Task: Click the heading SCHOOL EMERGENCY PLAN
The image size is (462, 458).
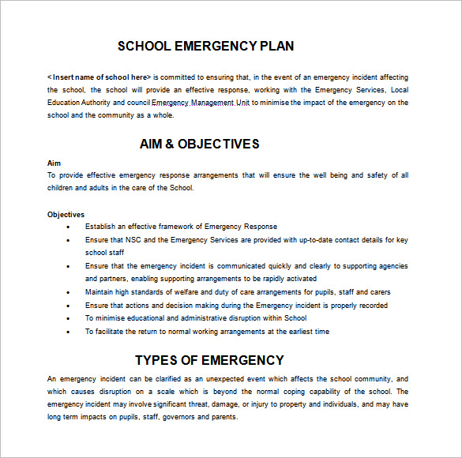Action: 205,46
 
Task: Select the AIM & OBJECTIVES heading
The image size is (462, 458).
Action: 199,144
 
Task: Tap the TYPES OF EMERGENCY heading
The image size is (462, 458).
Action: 209,360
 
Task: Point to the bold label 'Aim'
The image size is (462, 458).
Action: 54,163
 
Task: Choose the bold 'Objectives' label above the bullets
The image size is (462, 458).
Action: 66,214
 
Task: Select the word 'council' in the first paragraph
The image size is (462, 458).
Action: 137,103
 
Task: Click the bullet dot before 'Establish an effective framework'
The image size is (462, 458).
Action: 68,227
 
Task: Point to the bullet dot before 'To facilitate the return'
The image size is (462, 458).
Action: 68,332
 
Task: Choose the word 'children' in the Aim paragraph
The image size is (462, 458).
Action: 62,188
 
